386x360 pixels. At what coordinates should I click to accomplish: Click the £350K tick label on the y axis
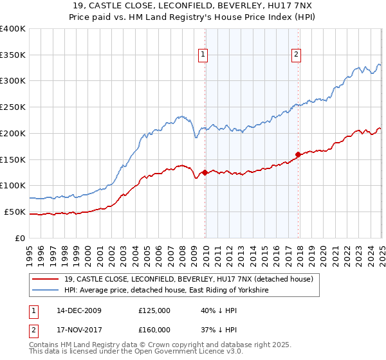(x=13, y=55)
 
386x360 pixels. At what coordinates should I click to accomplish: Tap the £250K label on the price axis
(x=13, y=107)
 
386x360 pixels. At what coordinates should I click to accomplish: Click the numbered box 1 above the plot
(x=203, y=55)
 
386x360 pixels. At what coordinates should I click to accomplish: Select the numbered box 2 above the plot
(x=296, y=55)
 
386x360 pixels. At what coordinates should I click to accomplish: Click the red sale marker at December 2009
(x=205, y=172)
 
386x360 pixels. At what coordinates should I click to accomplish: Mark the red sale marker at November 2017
(x=298, y=154)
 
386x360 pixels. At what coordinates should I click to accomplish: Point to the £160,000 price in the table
(x=154, y=330)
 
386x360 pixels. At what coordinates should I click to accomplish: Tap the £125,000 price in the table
(x=154, y=310)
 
